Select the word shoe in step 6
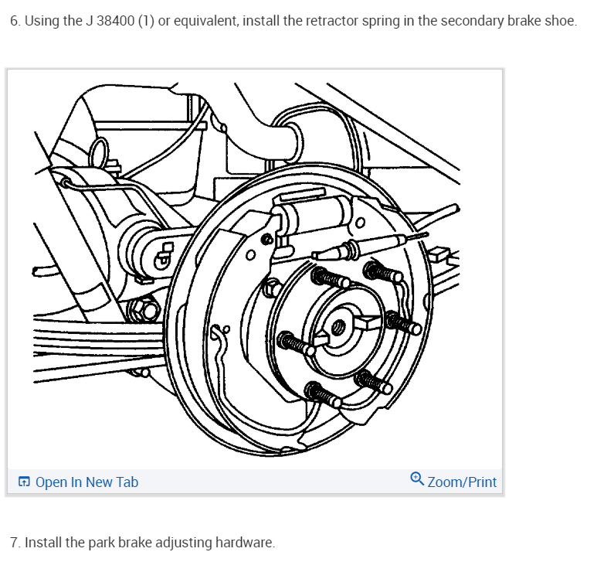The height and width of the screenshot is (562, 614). coord(561,20)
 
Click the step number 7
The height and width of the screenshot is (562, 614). coord(15,543)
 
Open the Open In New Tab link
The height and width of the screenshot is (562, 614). coord(87,482)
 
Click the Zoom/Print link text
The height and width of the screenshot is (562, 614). coord(462,482)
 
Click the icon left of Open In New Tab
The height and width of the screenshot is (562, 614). coord(25,482)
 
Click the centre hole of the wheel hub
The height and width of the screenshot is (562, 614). coord(338,327)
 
